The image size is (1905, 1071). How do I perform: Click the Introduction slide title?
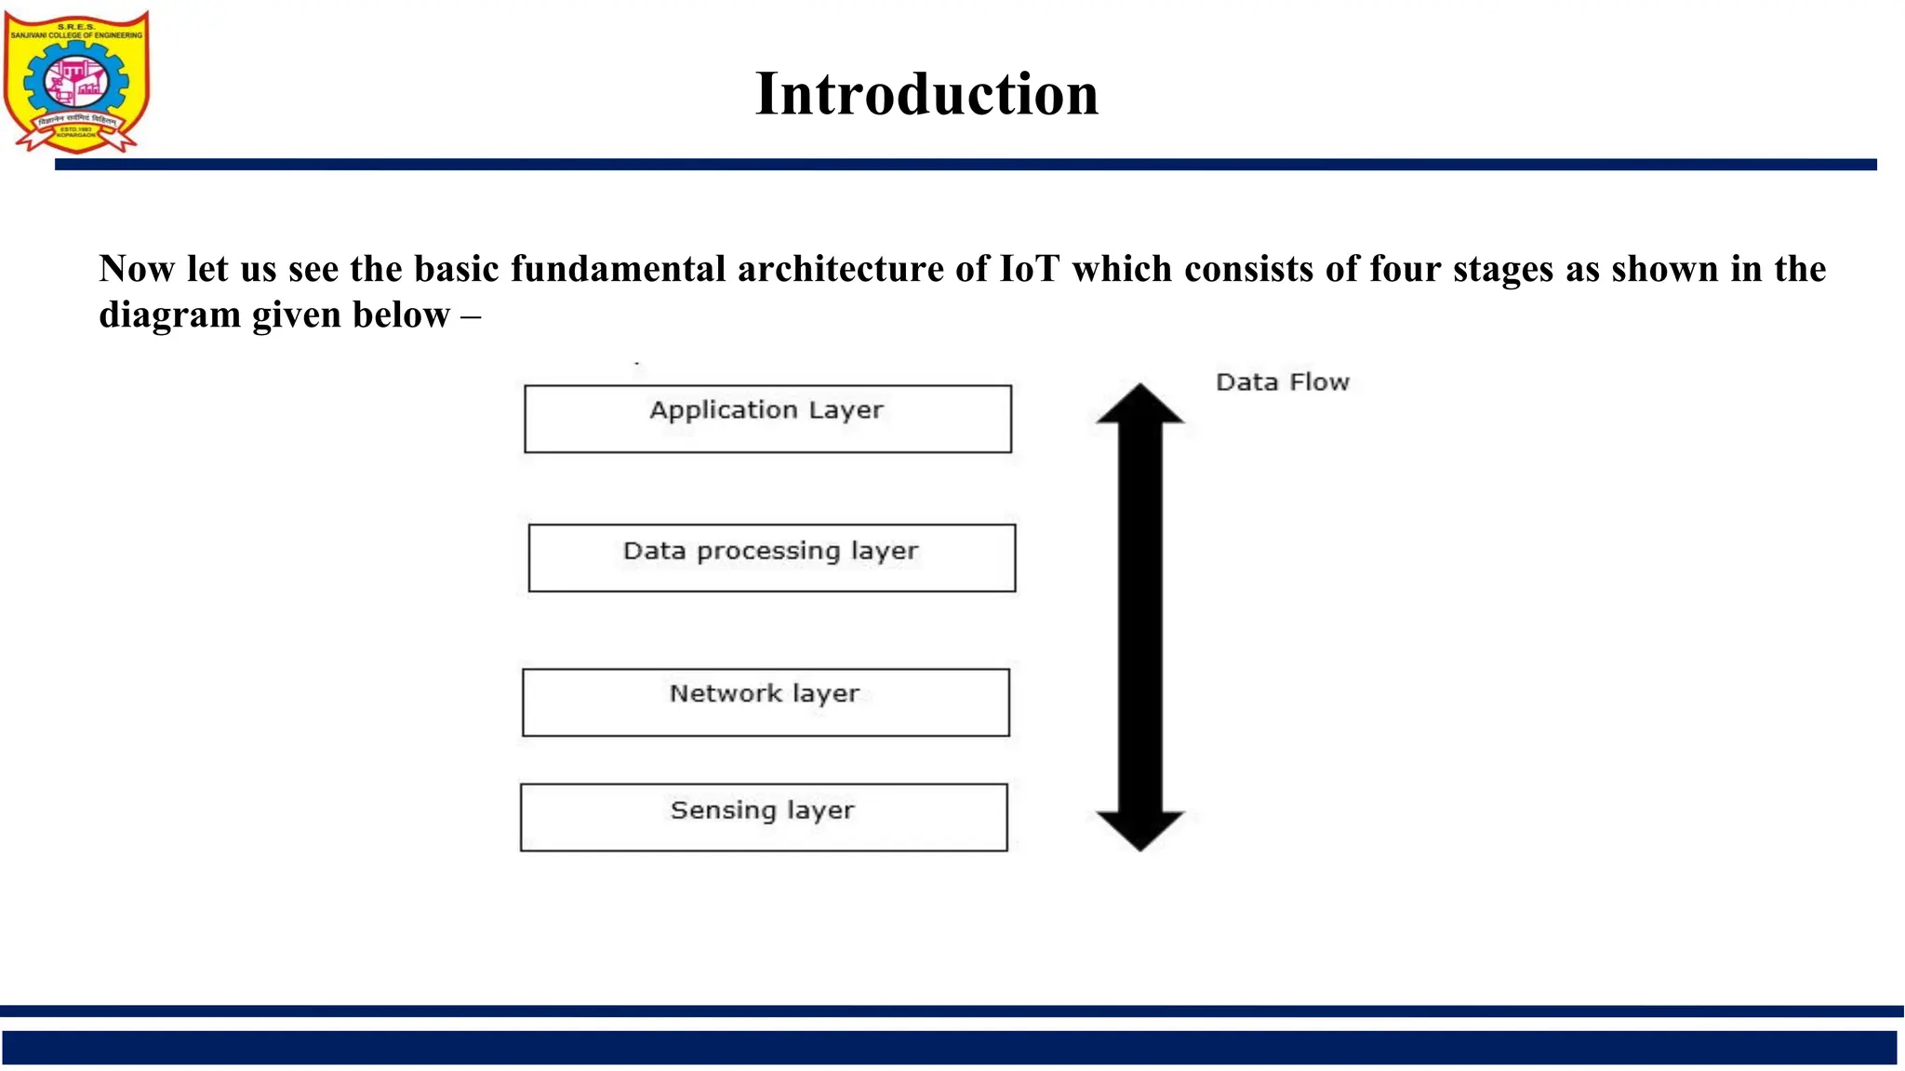[x=926, y=95]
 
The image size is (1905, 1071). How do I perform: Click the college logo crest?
[x=76, y=82]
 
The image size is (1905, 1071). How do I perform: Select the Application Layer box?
[x=767, y=419]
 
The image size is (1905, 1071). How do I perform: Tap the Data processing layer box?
[x=771, y=558]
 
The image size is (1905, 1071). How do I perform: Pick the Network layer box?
[x=766, y=703]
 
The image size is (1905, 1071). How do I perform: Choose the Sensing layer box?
[x=763, y=817]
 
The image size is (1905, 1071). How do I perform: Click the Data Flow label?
[x=1282, y=382]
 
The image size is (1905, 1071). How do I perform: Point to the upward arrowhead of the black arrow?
[x=1140, y=405]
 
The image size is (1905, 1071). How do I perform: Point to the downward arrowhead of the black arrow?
[x=1140, y=830]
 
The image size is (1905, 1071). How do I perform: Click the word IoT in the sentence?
[x=1029, y=269]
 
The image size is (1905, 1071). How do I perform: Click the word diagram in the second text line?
[x=170, y=315]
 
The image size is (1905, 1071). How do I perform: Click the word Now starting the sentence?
[x=137, y=269]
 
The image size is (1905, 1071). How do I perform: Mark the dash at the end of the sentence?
[x=470, y=316]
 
